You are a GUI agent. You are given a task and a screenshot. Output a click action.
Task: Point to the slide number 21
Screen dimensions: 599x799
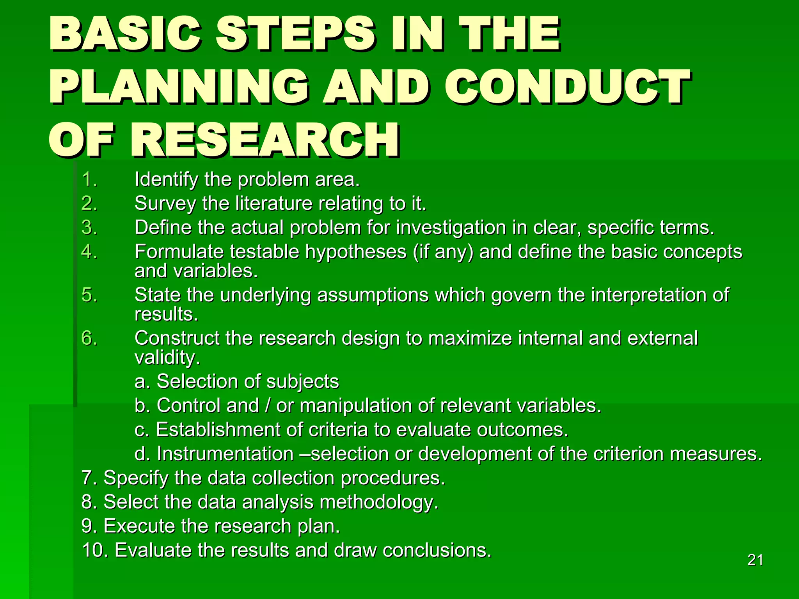[x=755, y=560]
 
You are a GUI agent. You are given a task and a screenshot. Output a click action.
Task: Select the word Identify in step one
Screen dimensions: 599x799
[x=166, y=180]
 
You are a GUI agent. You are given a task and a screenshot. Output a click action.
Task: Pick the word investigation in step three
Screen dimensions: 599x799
[x=451, y=228]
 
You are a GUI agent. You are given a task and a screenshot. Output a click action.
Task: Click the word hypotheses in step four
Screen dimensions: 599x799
[x=356, y=252]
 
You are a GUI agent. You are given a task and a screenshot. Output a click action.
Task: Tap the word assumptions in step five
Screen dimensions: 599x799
[x=373, y=295]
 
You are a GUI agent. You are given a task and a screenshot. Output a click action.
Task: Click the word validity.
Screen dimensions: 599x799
[x=167, y=358]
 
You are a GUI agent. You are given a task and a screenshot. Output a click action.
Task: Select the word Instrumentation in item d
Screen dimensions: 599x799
[x=225, y=454]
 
